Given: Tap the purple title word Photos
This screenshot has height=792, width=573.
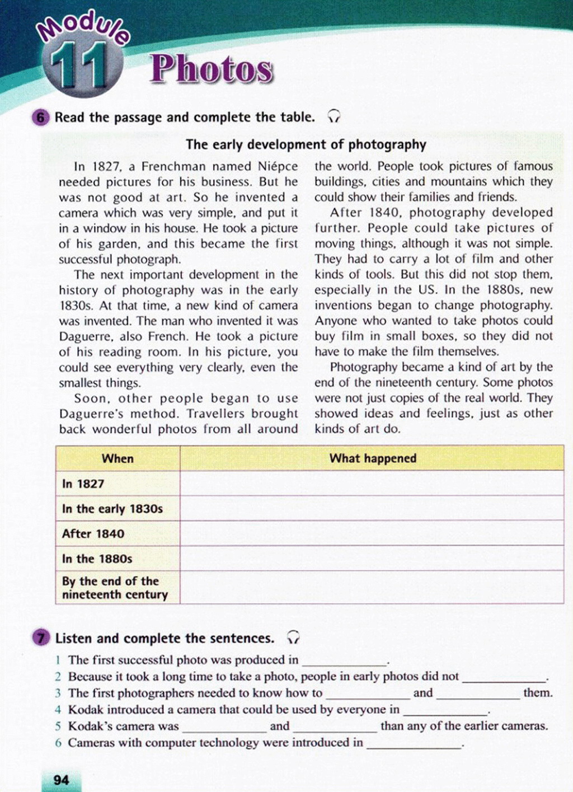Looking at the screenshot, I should (x=212, y=69).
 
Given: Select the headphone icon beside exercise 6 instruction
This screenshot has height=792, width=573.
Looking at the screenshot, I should (x=334, y=116).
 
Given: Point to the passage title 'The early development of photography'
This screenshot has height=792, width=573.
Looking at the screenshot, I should (x=306, y=145).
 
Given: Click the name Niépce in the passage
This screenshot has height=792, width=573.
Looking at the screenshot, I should (x=278, y=166).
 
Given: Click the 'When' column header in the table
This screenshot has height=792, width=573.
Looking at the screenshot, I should (x=118, y=458).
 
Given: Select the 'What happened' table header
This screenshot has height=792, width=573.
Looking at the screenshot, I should (x=373, y=458).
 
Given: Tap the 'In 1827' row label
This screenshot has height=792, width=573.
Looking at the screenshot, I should (x=83, y=484).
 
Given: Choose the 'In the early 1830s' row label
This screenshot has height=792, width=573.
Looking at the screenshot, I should (x=112, y=509).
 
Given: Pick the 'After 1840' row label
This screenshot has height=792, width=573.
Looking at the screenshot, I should (x=93, y=533).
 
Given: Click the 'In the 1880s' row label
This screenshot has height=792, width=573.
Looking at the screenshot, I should (x=97, y=559).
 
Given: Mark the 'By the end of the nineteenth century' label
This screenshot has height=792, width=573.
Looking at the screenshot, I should (x=115, y=588).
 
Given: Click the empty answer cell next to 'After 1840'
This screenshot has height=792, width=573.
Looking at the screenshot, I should (x=372, y=533).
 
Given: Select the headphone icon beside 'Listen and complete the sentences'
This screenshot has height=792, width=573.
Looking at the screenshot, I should (x=293, y=638).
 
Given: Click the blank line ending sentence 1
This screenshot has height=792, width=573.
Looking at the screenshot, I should (x=345, y=661).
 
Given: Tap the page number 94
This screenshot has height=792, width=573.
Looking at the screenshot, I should (x=61, y=780).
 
